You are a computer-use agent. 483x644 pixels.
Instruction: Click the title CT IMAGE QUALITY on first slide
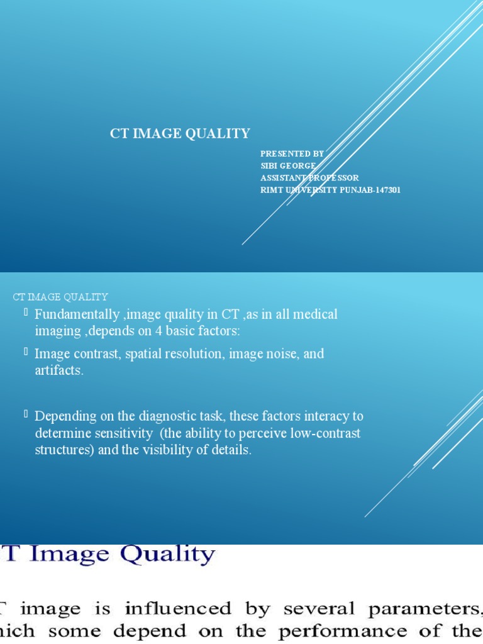[180, 133]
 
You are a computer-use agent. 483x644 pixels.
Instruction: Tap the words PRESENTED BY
[292, 153]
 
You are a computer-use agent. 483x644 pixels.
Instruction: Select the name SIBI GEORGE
[289, 165]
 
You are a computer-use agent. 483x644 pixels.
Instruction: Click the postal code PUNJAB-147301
[370, 190]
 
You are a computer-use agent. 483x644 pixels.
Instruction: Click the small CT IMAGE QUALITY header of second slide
[61, 297]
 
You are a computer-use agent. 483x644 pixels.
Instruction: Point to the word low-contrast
[326, 433]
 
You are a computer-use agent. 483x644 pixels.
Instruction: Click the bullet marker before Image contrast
[26, 352]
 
